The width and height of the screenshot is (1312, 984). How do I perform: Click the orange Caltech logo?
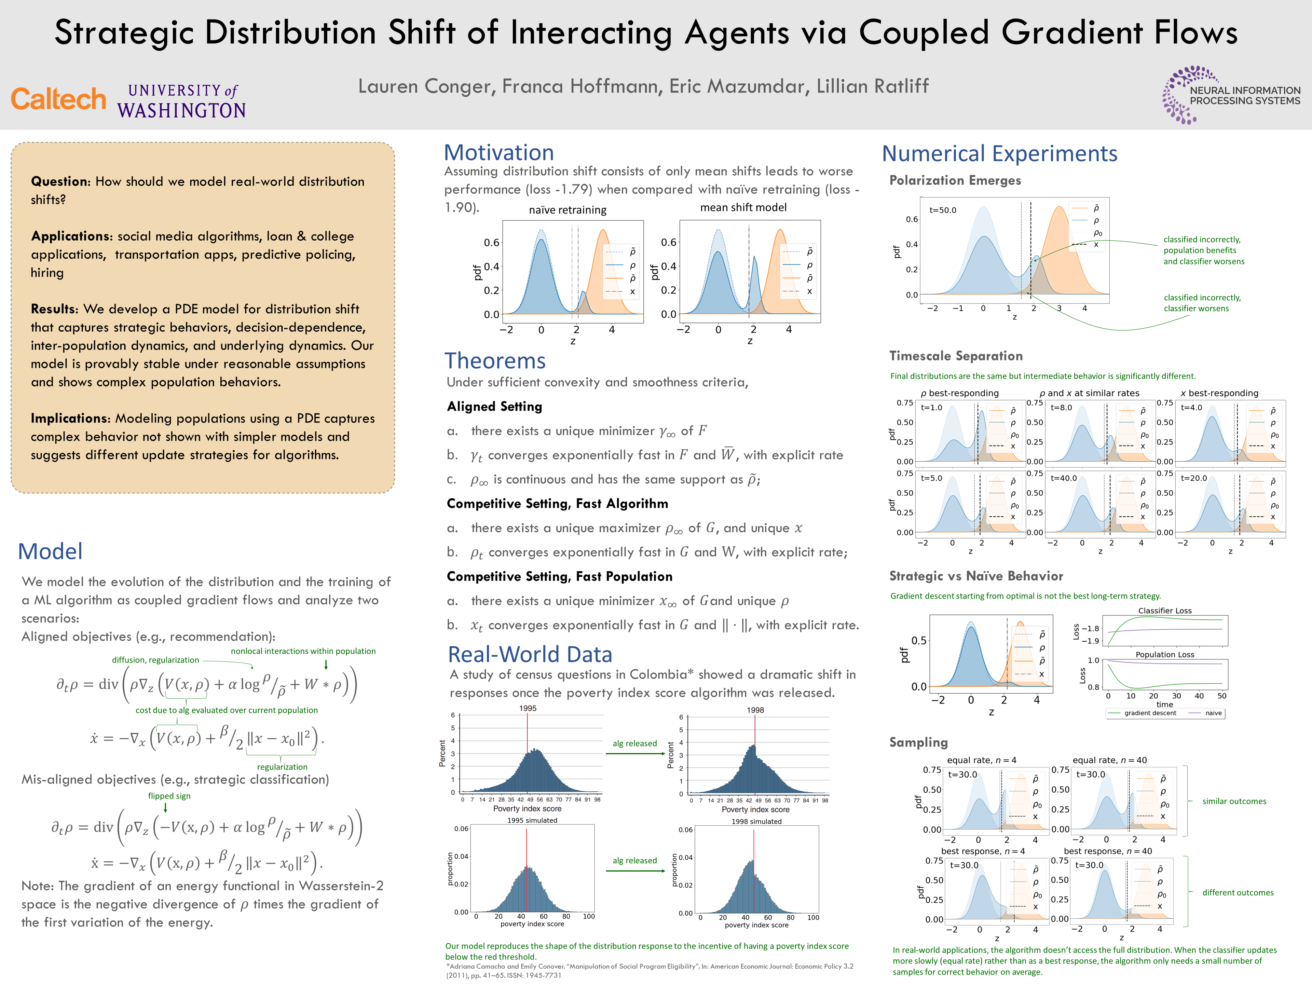click(58, 99)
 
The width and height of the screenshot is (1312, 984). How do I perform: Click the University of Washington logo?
click(181, 101)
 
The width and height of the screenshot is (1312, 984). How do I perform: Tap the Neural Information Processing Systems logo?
click(1231, 95)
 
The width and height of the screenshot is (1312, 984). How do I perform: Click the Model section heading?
click(51, 551)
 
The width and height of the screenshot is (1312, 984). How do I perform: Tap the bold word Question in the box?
click(60, 181)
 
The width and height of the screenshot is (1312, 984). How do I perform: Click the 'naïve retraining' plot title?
click(568, 210)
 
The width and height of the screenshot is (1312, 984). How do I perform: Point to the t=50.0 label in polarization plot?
click(942, 210)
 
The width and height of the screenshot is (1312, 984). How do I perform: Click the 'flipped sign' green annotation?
click(169, 796)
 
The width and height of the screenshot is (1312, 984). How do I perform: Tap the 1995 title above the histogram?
click(527, 708)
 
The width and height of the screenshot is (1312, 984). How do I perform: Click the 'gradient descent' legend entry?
click(1149, 713)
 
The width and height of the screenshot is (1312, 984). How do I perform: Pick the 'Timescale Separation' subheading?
click(956, 356)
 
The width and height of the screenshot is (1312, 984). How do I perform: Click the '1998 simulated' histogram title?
click(756, 821)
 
